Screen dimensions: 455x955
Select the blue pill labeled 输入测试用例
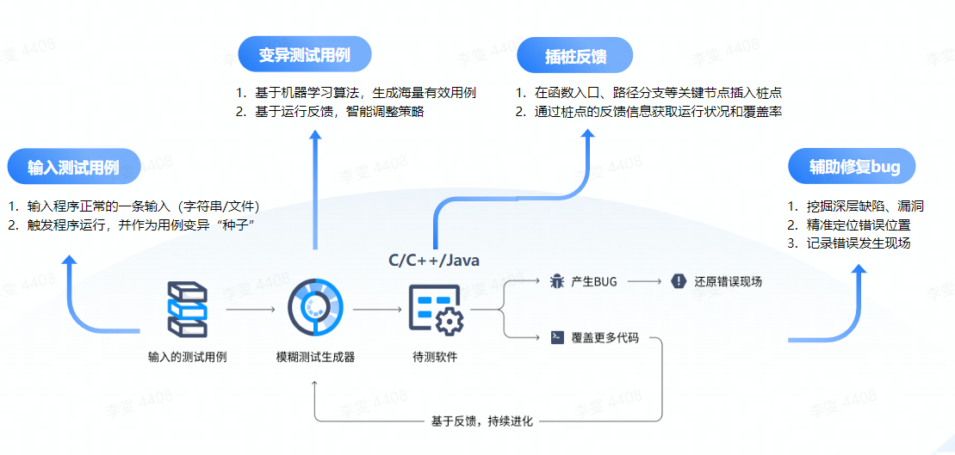pyautogui.click(x=73, y=167)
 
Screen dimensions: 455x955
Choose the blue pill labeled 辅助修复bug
pyautogui.click(x=852, y=167)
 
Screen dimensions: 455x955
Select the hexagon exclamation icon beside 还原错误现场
pyautogui.click(x=679, y=281)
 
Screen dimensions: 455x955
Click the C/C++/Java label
pyautogui.click(x=434, y=259)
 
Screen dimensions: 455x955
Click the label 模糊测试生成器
pyautogui.click(x=315, y=357)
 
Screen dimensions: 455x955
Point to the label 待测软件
pyautogui.click(x=436, y=357)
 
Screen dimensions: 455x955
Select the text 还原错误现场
pyautogui.click(x=728, y=281)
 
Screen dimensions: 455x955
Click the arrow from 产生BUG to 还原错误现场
pyautogui.click(x=646, y=281)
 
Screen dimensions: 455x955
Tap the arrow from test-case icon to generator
pyautogui.click(x=251, y=309)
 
